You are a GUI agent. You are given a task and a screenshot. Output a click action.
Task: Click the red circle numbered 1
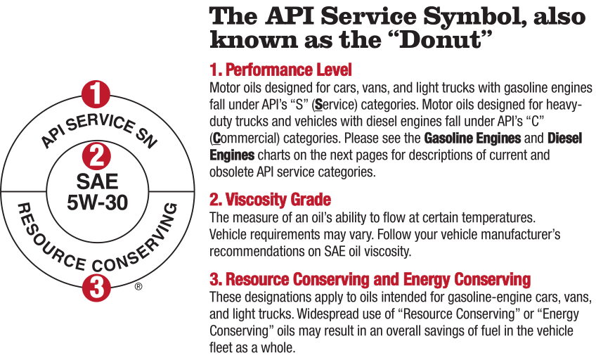(x=96, y=94)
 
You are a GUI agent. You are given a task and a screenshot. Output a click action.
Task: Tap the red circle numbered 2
(x=97, y=156)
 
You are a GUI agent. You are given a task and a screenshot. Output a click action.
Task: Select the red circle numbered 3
(x=96, y=288)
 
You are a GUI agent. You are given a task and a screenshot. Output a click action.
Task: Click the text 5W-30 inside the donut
(x=97, y=202)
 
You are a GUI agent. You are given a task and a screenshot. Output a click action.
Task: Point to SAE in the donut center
(x=97, y=181)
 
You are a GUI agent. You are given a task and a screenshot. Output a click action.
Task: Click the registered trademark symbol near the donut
(x=138, y=286)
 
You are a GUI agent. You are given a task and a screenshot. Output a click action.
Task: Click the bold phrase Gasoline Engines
(x=472, y=138)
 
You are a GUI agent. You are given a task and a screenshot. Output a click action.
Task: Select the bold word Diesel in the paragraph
(x=565, y=138)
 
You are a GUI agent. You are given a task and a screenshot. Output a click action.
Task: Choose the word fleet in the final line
(x=219, y=347)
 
